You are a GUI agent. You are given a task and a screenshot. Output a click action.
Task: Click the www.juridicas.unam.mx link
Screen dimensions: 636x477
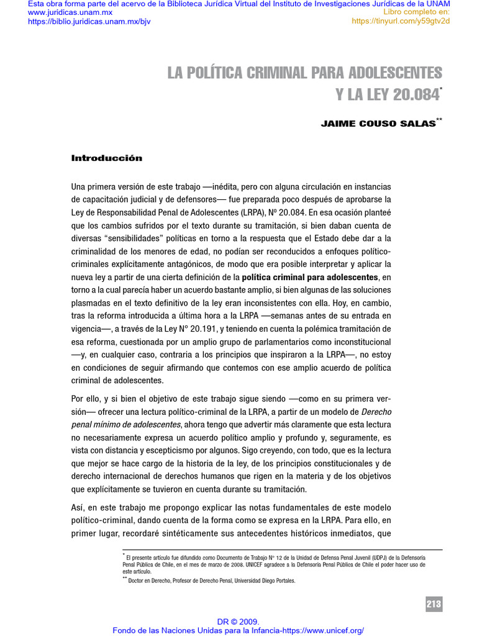click(70, 12)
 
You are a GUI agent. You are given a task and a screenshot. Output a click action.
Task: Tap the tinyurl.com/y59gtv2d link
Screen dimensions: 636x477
click(401, 20)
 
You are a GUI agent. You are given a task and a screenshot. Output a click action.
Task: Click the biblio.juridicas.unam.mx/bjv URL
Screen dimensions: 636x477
click(89, 21)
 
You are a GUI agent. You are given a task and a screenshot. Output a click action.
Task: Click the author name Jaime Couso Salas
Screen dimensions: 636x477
click(378, 124)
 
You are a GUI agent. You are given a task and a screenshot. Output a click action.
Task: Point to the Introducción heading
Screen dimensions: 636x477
click(107, 158)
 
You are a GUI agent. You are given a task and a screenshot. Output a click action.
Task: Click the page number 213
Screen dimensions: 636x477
click(434, 604)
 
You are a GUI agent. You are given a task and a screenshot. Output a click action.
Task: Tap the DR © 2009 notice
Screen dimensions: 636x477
click(238, 622)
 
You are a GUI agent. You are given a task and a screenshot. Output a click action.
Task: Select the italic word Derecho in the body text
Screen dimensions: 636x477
click(376, 412)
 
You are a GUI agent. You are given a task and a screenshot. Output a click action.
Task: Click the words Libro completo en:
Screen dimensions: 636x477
click(417, 12)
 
